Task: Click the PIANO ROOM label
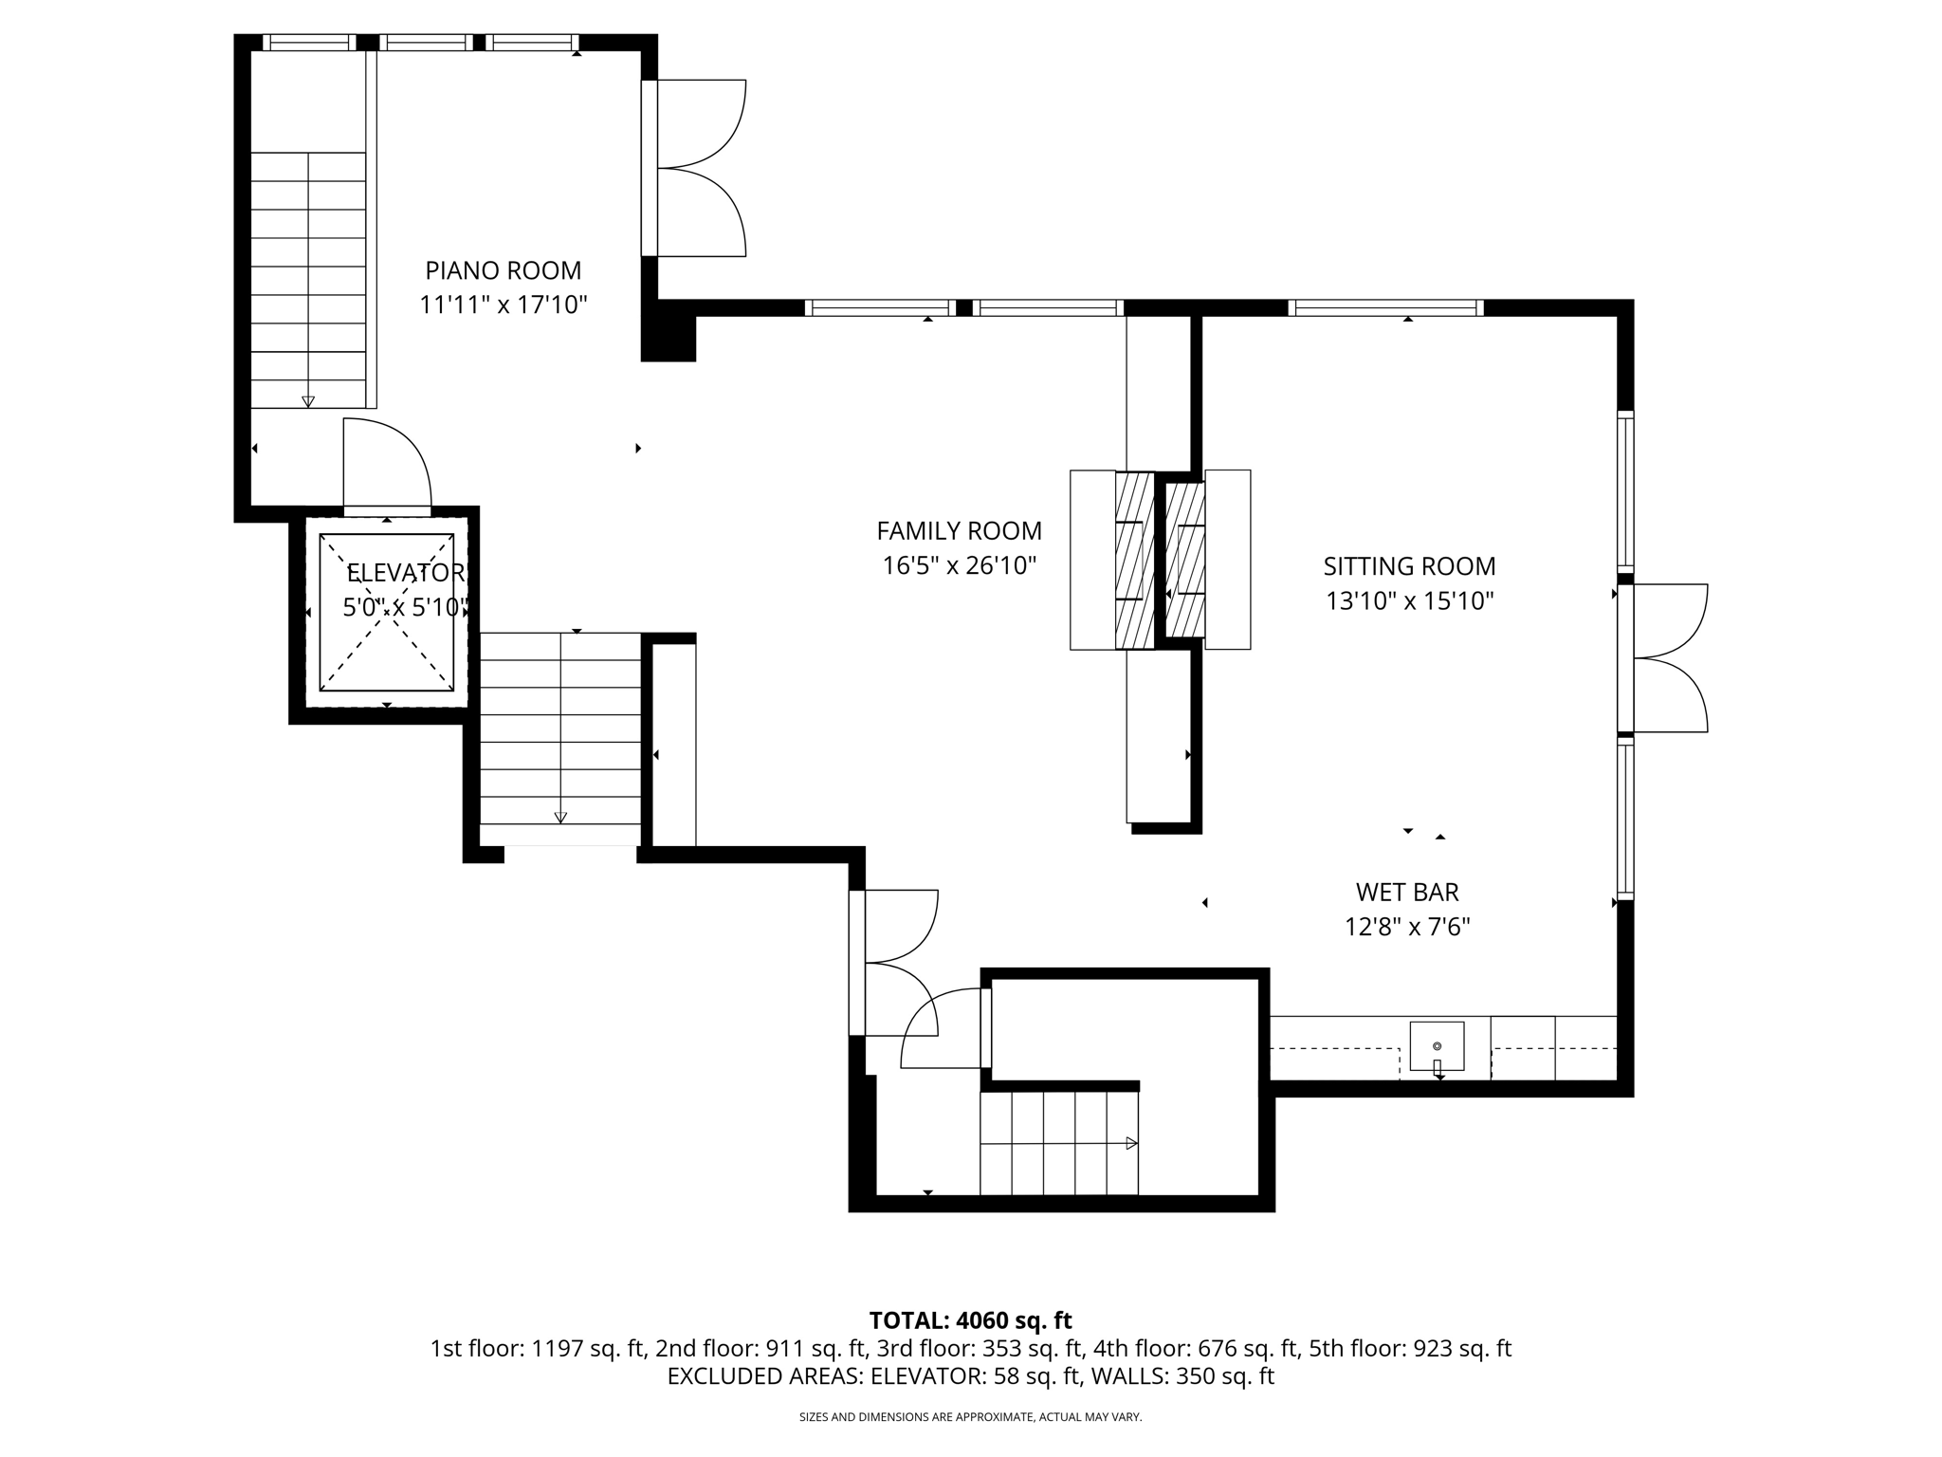(503, 270)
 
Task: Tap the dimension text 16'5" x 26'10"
(959, 566)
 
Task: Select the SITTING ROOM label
(1409, 566)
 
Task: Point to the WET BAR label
(1406, 892)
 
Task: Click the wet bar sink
(1437, 1046)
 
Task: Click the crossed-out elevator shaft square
(386, 613)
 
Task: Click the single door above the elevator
(387, 465)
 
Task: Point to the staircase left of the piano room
(307, 280)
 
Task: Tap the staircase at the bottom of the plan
(1058, 1143)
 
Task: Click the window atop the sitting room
(1385, 307)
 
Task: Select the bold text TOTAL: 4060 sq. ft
(970, 1320)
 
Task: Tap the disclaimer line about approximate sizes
(970, 1417)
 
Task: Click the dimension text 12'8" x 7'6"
(1406, 927)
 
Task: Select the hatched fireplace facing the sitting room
(1185, 560)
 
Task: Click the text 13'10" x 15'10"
(1409, 601)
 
